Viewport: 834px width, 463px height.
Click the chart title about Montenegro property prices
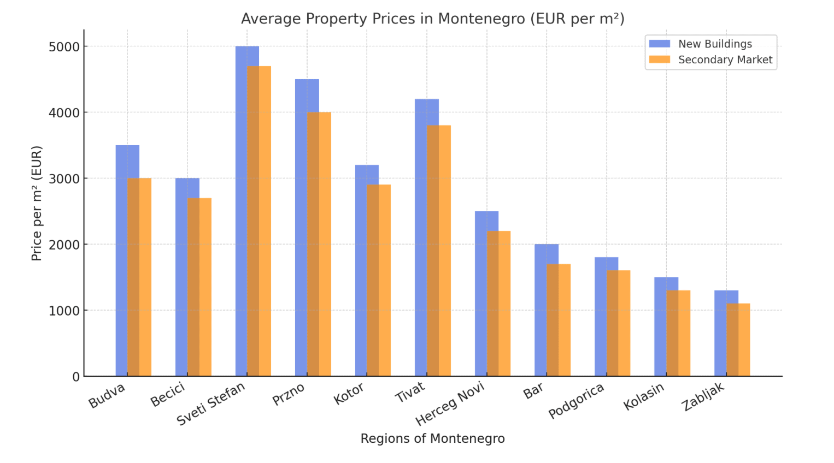point(432,19)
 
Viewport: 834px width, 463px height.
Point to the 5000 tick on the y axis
point(64,47)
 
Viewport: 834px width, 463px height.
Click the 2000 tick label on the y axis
point(64,245)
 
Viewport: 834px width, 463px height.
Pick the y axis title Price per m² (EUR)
point(37,203)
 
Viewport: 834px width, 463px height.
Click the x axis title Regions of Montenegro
point(432,438)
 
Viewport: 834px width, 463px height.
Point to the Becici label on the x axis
point(168,395)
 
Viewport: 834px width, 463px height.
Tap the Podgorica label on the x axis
point(576,401)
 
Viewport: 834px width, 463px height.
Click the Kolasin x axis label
point(643,396)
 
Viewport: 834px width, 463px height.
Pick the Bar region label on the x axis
point(533,391)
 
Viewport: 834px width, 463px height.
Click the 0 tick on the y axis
point(75,377)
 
